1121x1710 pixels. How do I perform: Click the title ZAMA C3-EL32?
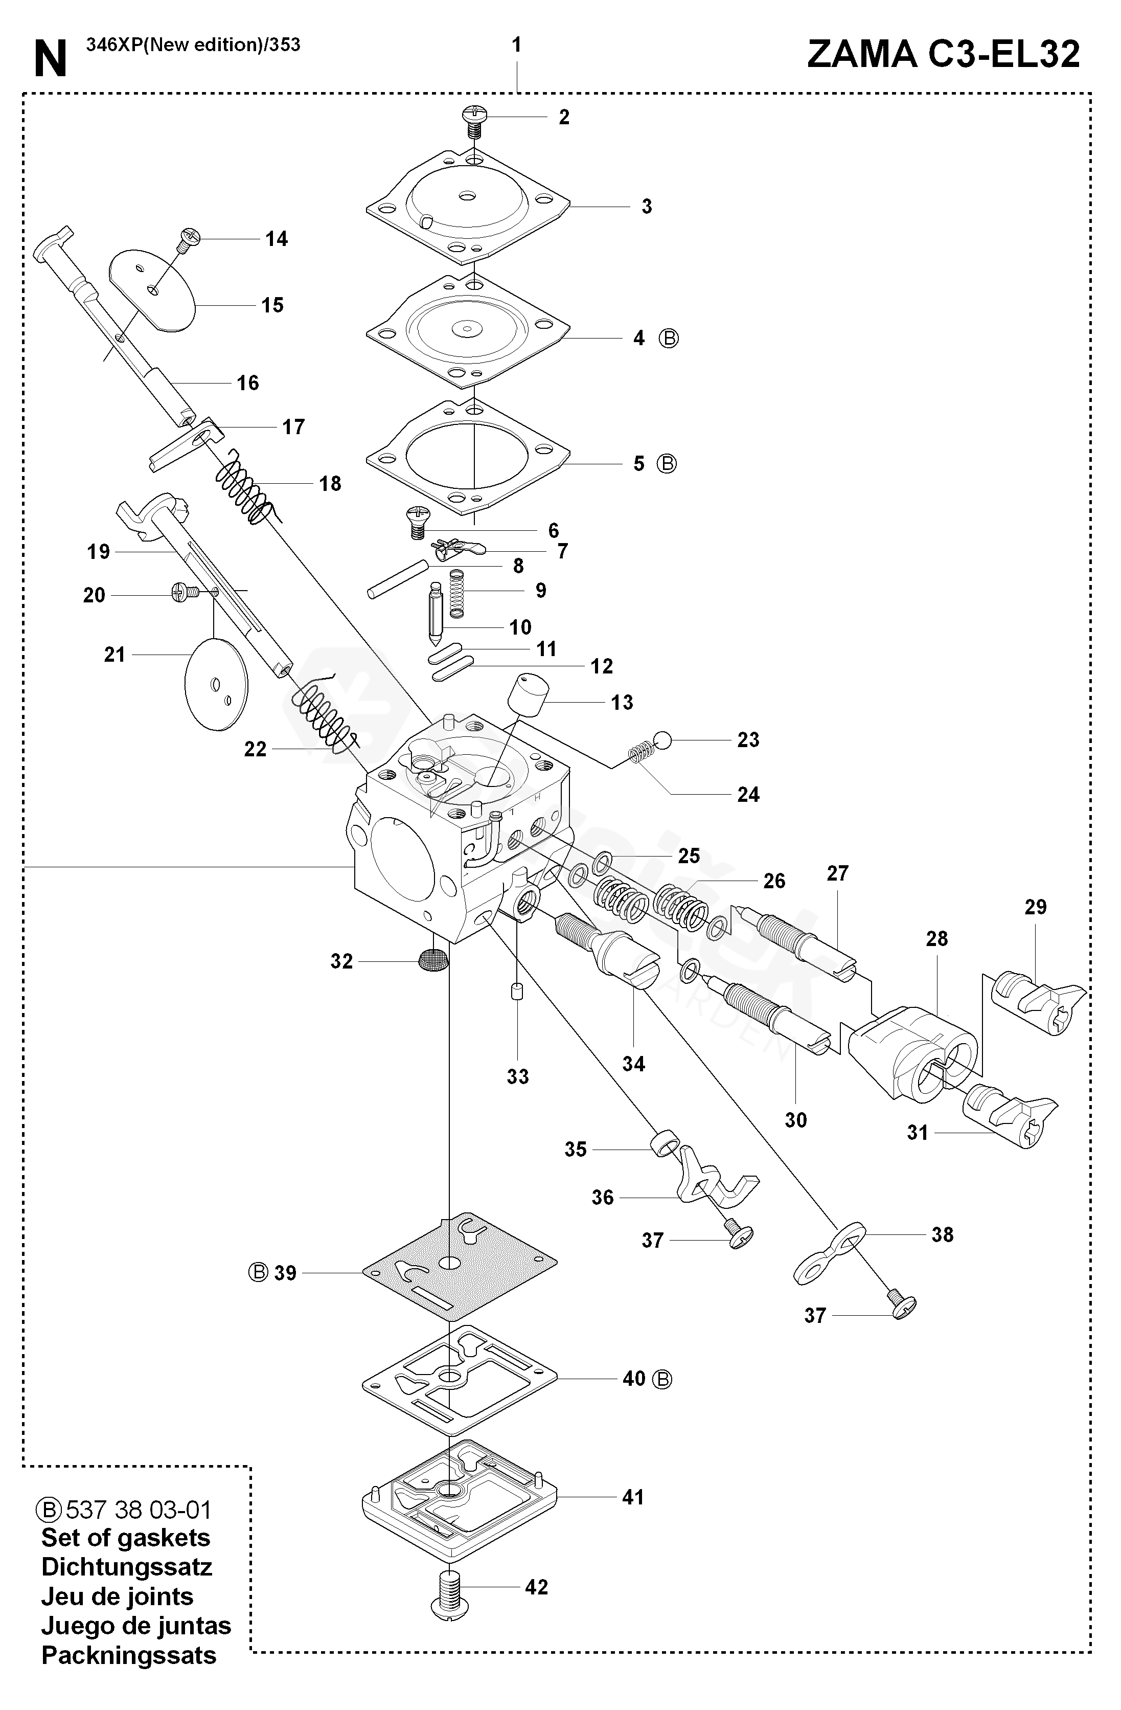point(943,54)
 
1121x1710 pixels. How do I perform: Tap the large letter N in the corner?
point(50,59)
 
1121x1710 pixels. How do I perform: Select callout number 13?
point(622,702)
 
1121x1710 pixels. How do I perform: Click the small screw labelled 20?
point(186,593)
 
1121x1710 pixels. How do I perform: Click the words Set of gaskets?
point(126,1538)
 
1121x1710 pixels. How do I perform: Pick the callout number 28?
point(936,938)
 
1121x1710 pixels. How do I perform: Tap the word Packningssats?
point(128,1655)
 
